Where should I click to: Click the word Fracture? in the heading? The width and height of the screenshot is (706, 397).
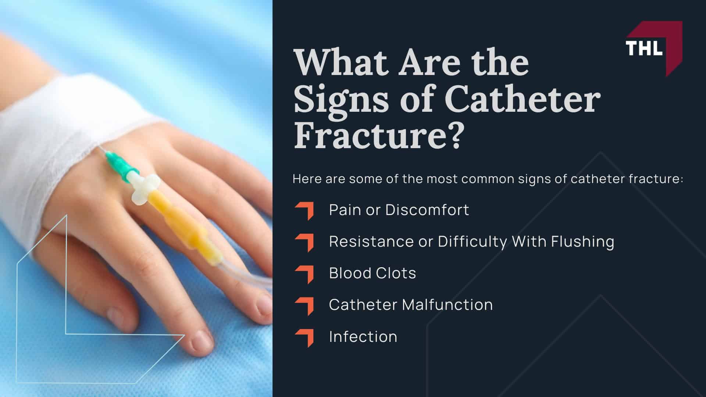377,136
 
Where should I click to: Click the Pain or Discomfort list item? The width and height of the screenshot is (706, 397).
399,210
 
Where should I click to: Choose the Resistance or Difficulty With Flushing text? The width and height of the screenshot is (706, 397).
471,242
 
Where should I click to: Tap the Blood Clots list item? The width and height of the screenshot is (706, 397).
372,273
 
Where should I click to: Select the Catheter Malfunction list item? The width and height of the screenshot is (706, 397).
410,305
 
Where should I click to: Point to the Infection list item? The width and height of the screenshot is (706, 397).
363,337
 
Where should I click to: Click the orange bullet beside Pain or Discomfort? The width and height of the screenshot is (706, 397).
304,211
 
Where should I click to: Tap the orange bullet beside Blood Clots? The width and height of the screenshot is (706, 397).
304,274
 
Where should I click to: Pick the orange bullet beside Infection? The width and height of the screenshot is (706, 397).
304,338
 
